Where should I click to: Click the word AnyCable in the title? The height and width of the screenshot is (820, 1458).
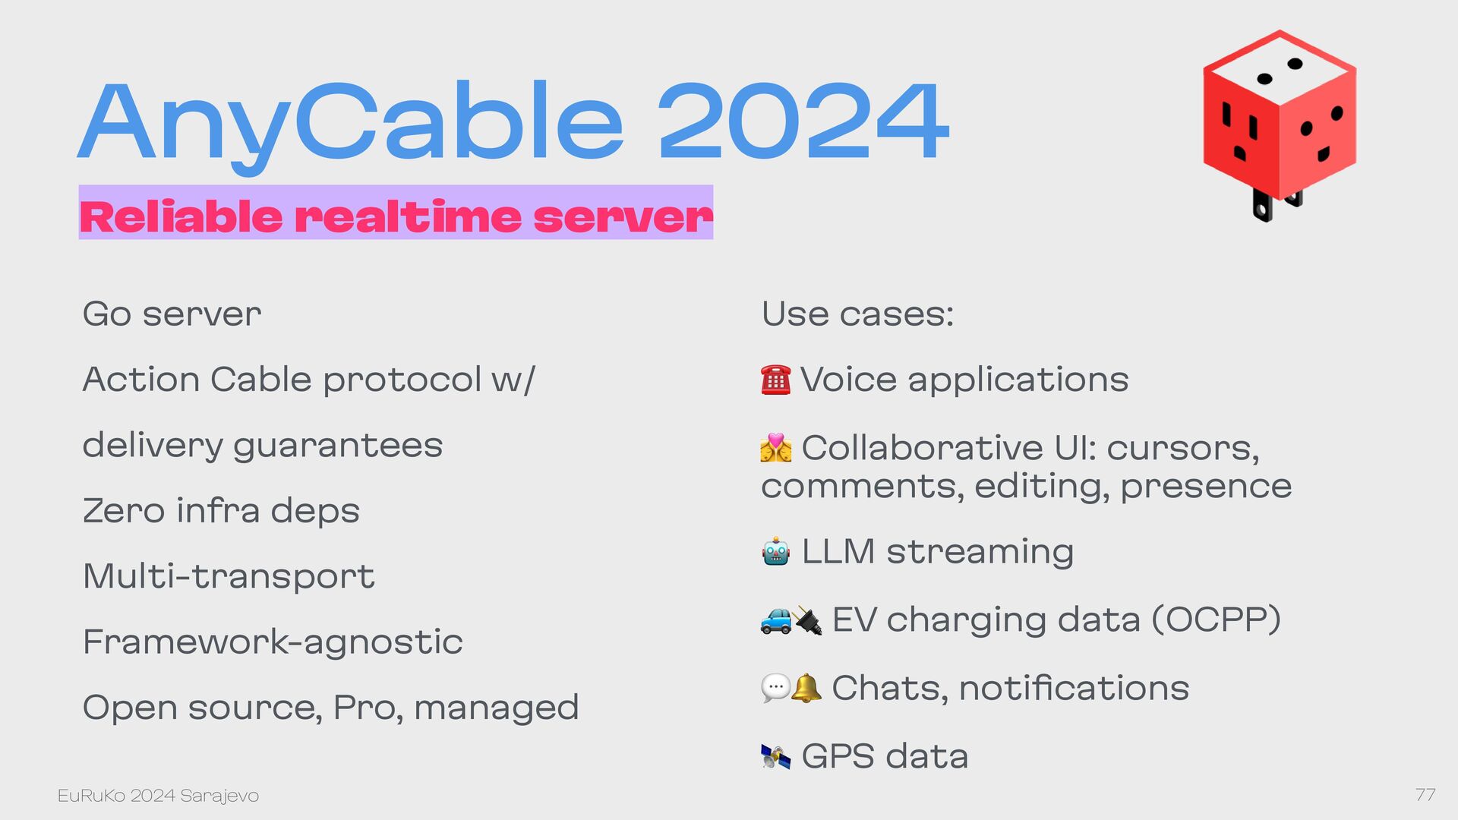[x=350, y=126]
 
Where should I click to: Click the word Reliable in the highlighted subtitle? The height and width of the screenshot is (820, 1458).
[x=181, y=216]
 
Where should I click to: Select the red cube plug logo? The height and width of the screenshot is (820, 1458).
[x=1280, y=125]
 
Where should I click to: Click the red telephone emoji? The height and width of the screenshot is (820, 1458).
[x=775, y=380]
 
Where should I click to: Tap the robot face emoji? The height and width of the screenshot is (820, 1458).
[x=776, y=552]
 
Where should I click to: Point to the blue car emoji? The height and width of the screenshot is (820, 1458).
[x=775, y=620]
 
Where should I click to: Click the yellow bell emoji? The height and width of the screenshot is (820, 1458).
[x=806, y=688]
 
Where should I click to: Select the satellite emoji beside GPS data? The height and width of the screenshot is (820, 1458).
[x=775, y=756]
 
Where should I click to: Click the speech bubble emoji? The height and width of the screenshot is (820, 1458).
[x=775, y=689]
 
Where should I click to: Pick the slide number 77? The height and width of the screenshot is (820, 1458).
[x=1425, y=795]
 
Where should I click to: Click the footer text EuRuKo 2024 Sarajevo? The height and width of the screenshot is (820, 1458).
[x=158, y=796]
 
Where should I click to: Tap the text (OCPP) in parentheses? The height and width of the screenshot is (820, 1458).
[x=1217, y=620]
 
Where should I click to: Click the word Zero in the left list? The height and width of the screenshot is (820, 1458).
[x=124, y=510]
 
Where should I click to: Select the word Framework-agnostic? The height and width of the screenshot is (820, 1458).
[x=273, y=642]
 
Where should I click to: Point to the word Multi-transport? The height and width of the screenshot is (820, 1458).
[x=229, y=576]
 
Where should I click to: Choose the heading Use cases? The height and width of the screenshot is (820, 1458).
[x=857, y=314]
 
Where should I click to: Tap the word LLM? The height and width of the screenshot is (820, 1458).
[x=838, y=551]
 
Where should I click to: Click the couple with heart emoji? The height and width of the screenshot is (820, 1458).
[x=775, y=448]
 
